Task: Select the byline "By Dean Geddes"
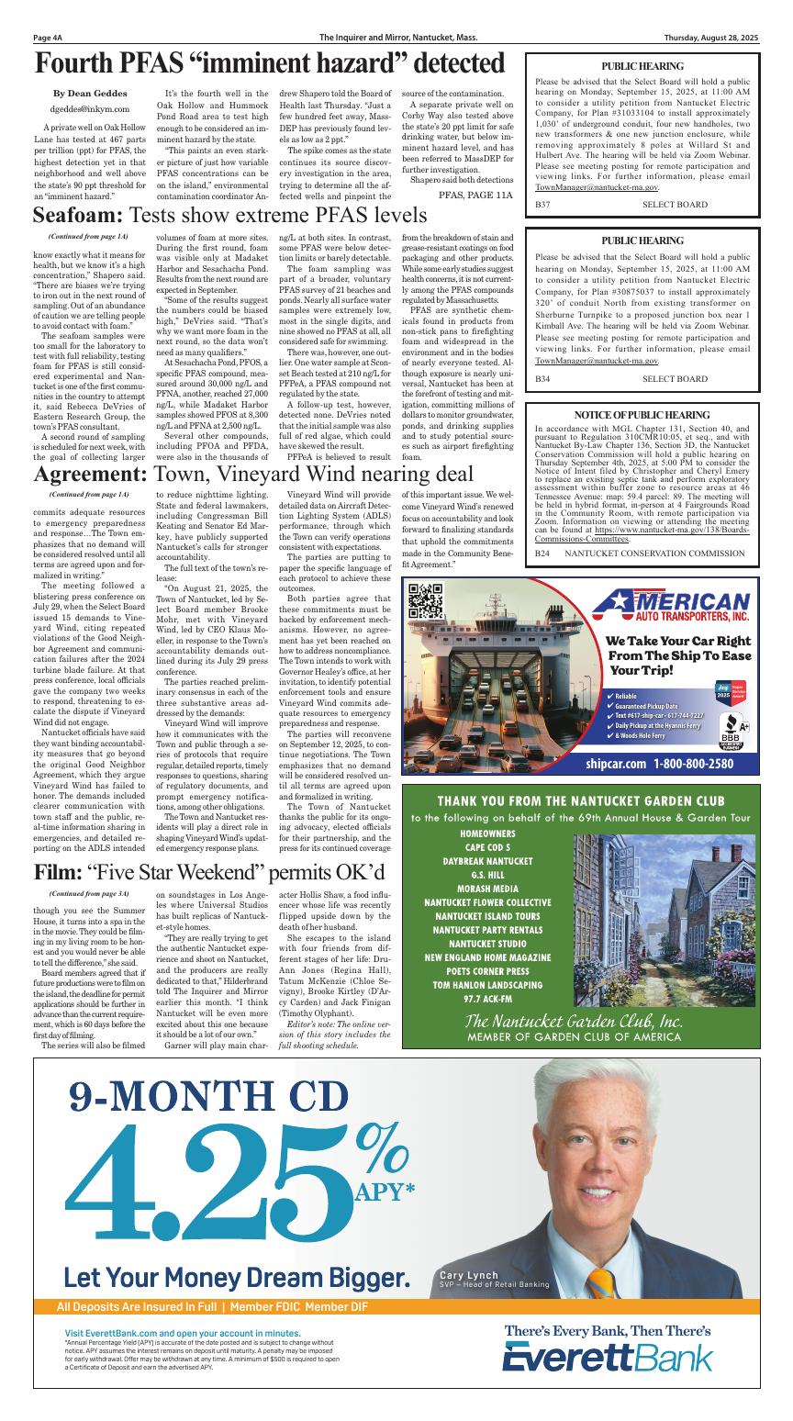91,94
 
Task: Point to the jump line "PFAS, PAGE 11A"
475,196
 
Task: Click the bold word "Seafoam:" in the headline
78,216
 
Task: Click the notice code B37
542,204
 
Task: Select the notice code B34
542,378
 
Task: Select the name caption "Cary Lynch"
469,1275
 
